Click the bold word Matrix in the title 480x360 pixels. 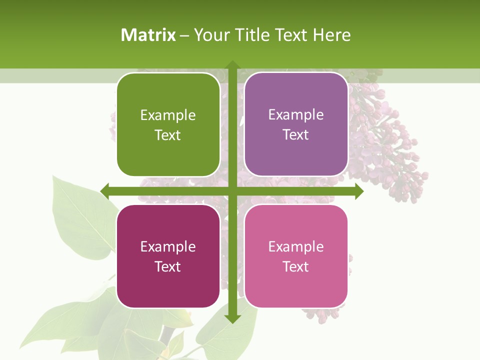point(148,35)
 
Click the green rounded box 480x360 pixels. point(168,125)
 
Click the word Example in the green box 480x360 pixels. point(168,115)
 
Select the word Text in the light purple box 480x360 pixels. point(296,135)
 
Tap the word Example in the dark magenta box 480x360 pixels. point(168,247)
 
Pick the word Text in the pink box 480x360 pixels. point(296,266)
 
